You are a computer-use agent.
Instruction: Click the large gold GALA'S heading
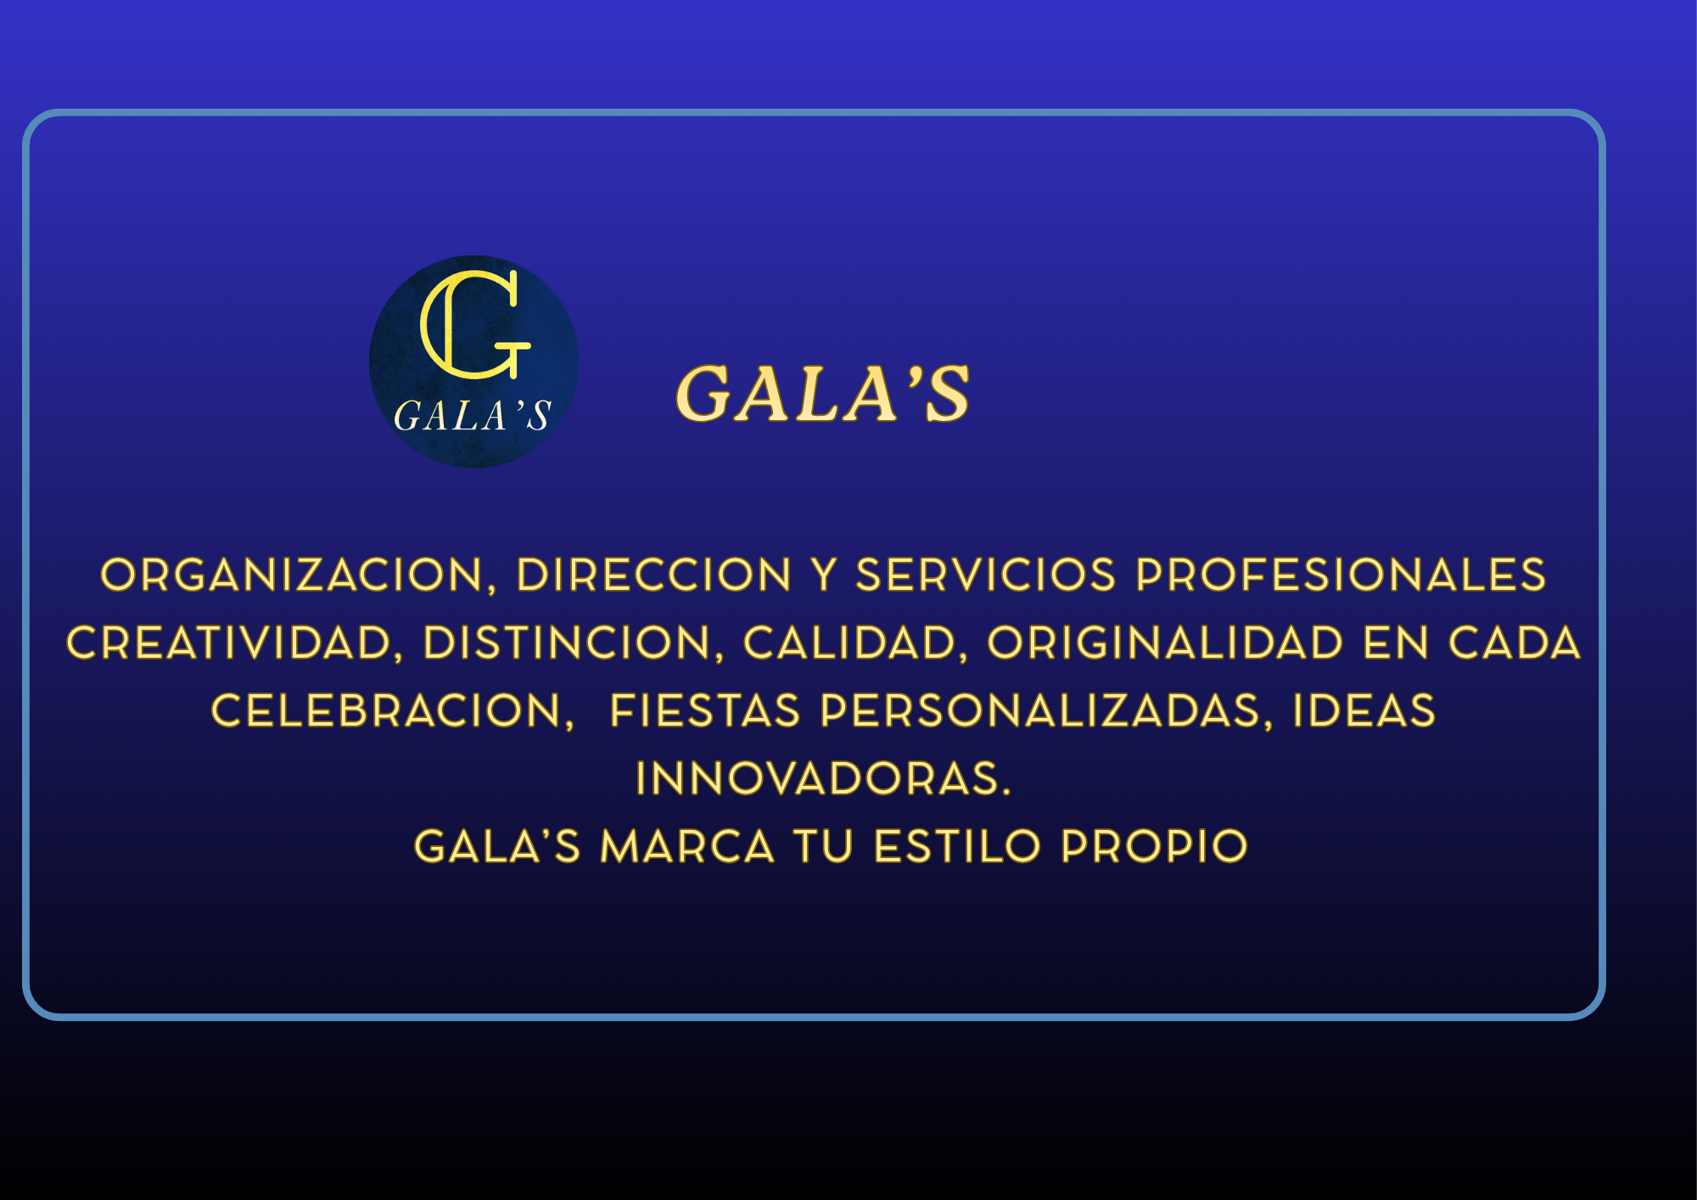(822, 393)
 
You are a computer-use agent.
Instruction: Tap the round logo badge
(473, 362)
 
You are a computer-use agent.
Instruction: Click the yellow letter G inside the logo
(475, 324)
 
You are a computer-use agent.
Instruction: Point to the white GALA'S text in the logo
(472, 416)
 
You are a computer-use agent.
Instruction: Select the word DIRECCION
(654, 575)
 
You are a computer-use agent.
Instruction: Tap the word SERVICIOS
(986, 575)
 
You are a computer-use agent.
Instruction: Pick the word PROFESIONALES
(1341, 575)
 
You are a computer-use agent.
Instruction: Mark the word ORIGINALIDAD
(1166, 642)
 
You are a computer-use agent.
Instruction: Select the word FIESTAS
(705, 710)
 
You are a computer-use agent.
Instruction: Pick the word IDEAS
(1364, 710)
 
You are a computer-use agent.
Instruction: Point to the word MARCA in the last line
(687, 846)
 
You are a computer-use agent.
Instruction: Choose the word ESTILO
(957, 846)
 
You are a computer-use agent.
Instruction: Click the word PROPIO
(1154, 846)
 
